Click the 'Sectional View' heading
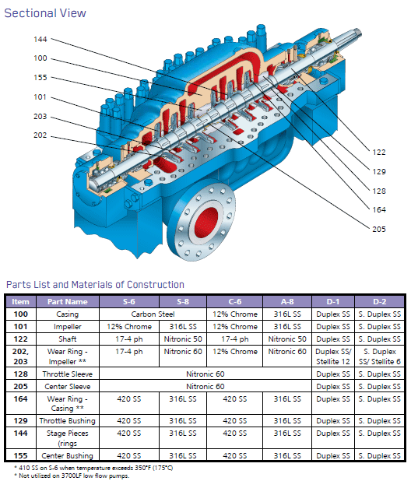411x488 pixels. (45, 13)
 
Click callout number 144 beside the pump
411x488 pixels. (40, 39)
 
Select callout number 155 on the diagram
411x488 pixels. (40, 77)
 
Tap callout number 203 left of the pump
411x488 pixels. (40, 116)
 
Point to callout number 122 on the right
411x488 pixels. (379, 153)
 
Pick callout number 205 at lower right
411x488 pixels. (379, 230)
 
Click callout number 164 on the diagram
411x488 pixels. (379, 209)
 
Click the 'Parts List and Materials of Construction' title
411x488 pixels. (95, 285)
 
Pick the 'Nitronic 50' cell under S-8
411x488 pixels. (183, 339)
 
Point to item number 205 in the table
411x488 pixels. (20, 385)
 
